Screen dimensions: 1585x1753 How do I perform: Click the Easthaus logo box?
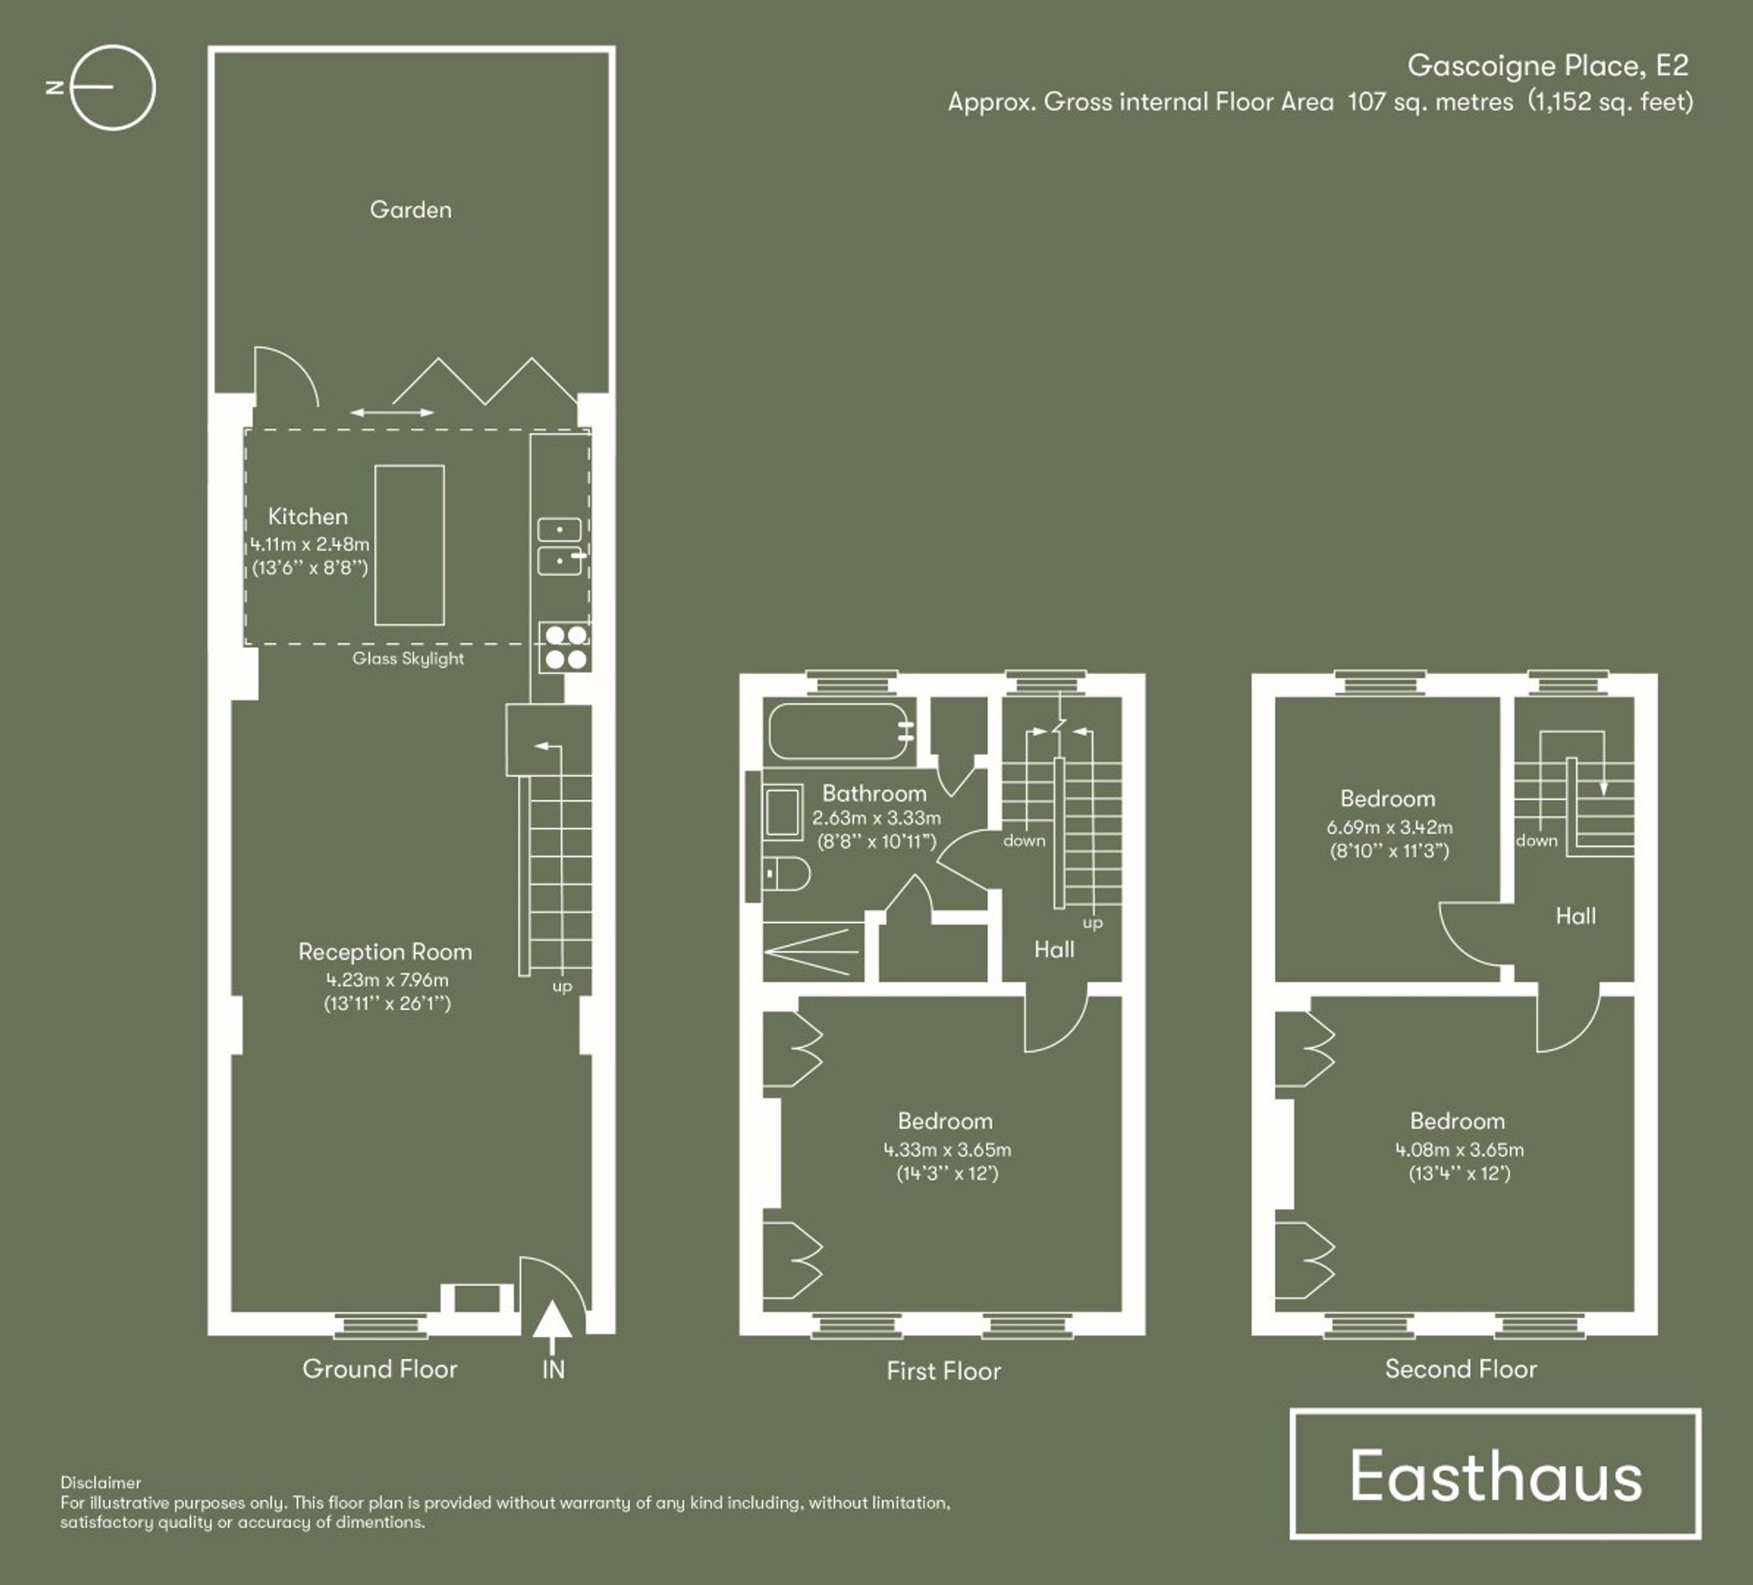[1495, 1474]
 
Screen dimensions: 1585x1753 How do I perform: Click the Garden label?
[410, 210]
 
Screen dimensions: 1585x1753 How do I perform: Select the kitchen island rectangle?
[409, 544]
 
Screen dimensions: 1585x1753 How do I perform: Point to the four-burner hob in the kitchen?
[564, 647]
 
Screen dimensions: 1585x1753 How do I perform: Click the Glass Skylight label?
[408, 658]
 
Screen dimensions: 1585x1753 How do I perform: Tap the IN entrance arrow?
[553, 1321]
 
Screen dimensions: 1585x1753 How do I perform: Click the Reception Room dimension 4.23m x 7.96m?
[387, 980]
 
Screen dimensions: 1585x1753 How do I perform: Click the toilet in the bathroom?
[786, 873]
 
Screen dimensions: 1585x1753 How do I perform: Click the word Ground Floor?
[380, 1368]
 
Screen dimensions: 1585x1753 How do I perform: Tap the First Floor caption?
[943, 1371]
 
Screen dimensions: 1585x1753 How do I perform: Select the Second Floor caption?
[1460, 1369]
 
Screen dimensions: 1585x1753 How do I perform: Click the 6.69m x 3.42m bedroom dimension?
[1389, 827]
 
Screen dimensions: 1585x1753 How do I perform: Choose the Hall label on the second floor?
[1575, 916]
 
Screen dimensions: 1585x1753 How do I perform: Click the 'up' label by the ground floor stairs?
[562, 986]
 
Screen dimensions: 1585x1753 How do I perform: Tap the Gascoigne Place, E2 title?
[1547, 66]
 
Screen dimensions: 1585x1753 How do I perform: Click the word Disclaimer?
[101, 1482]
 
